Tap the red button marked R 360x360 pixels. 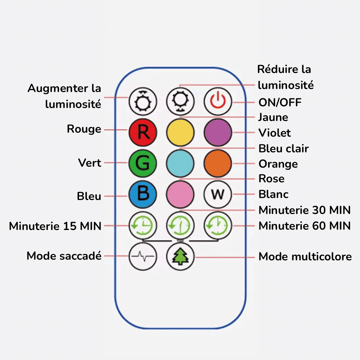tap(143, 132)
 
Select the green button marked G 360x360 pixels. tap(143, 163)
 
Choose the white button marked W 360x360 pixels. tap(217, 194)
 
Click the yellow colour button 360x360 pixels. tap(180, 132)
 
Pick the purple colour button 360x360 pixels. tap(217, 132)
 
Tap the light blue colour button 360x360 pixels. tap(180, 163)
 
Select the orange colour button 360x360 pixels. tap(217, 163)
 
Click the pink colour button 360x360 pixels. tap(180, 194)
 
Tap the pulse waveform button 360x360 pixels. tap(143, 256)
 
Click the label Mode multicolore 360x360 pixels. tap(305, 257)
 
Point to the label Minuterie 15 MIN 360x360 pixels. tap(55, 226)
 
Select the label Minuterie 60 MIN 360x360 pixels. tap(304, 226)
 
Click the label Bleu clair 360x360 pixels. tap(283, 148)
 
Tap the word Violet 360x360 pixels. tap(274, 133)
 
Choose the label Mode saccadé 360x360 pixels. tap(64, 256)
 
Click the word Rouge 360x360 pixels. tap(84, 129)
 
